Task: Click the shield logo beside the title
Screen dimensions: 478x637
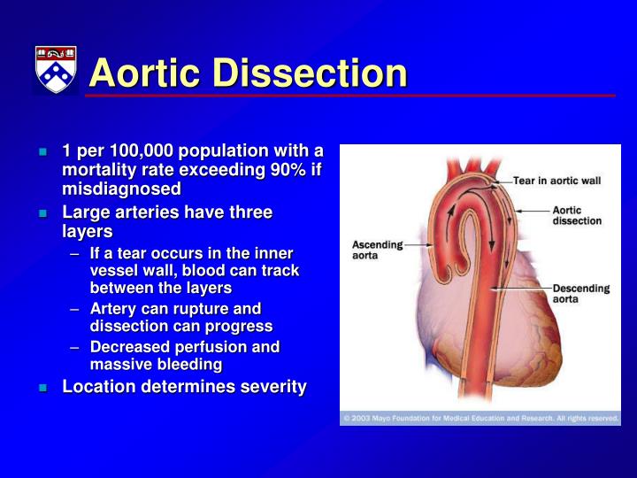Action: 56,69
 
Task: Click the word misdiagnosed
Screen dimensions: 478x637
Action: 121,189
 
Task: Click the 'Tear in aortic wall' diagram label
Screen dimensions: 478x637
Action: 556,181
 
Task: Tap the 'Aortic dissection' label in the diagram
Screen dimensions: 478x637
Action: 577,215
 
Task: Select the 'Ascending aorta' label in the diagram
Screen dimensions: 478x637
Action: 377,250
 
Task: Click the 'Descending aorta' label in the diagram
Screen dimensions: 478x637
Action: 580,294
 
